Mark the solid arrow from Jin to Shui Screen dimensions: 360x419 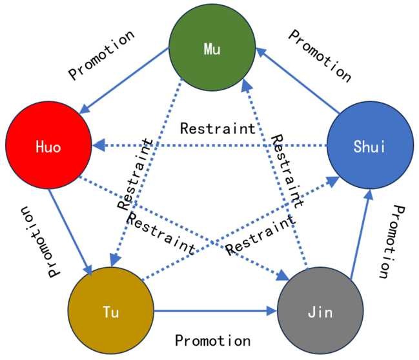click(x=360, y=235)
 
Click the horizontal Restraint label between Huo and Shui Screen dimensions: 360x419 click(x=218, y=128)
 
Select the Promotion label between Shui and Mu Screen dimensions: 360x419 click(x=320, y=54)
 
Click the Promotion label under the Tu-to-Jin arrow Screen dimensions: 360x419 click(x=212, y=339)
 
